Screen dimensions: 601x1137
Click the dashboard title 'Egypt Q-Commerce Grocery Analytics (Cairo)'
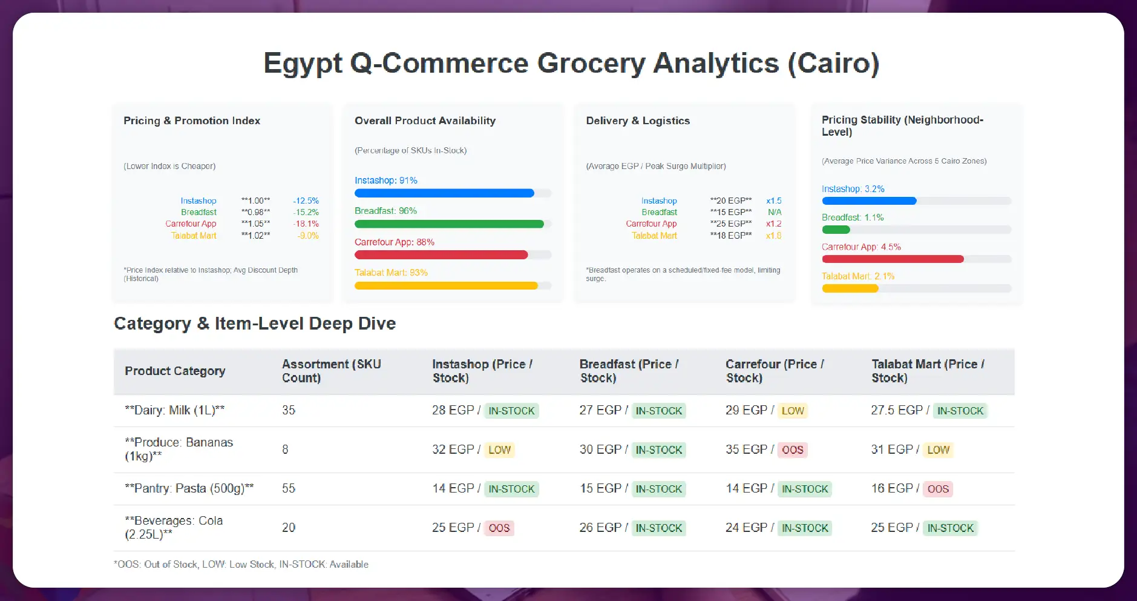[571, 64]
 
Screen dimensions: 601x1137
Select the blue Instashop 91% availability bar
[444, 193]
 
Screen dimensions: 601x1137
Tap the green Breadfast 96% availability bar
[449, 224]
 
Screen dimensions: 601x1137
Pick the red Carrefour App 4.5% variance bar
[893, 259]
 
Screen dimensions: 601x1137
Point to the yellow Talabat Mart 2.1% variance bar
[850, 289]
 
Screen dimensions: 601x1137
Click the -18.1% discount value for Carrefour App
[306, 224]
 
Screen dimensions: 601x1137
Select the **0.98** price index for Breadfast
[255, 212]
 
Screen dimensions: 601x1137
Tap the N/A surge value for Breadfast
[775, 212]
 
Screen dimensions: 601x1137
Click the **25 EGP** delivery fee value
[731, 224]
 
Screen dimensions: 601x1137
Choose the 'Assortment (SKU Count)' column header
[331, 371]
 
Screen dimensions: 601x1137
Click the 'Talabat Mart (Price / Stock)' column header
[928, 371]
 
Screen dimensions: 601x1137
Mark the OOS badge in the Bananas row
[792, 450]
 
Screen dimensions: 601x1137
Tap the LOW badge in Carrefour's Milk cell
[793, 411]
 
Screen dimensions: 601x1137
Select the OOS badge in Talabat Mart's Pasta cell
[938, 489]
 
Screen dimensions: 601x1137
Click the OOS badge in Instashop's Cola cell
[499, 528]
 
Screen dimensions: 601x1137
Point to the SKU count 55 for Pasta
[289, 488]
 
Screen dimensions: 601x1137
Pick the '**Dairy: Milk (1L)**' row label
[174, 410]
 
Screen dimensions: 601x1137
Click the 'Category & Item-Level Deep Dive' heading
[255, 324]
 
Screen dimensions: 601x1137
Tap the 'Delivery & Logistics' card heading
[638, 121]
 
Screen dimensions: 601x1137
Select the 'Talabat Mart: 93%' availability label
[391, 273]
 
